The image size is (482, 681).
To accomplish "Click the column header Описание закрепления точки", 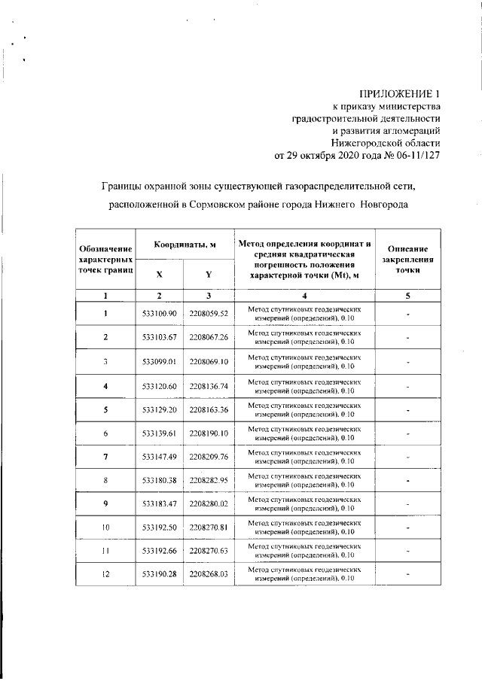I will click(407, 260).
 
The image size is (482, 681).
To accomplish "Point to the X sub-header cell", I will click(159, 275).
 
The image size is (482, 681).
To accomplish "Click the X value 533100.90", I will click(159, 313).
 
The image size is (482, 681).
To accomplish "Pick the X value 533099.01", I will click(159, 361).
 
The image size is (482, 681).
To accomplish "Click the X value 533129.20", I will click(159, 410).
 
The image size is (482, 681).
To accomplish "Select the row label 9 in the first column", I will click(106, 504).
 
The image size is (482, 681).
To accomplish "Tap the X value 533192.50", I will click(159, 527).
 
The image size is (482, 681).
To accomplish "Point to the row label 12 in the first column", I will click(106, 575).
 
